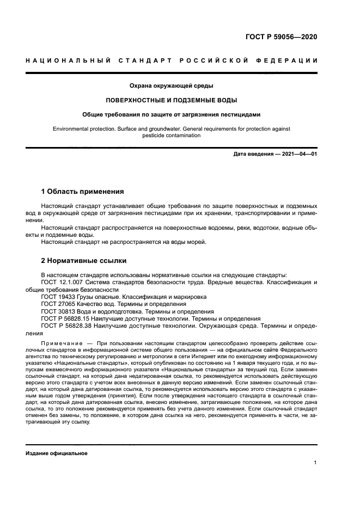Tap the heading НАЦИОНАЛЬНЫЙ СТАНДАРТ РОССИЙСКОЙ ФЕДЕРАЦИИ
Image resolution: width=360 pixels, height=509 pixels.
click(171, 60)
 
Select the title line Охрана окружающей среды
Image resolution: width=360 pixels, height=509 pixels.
click(171, 86)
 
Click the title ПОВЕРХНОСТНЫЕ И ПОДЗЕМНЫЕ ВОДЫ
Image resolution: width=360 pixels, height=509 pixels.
click(171, 100)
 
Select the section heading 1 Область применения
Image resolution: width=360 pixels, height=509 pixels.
click(83, 192)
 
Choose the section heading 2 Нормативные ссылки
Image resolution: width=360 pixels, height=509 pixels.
click(84, 260)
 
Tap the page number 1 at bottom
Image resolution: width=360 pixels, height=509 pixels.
click(315, 463)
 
